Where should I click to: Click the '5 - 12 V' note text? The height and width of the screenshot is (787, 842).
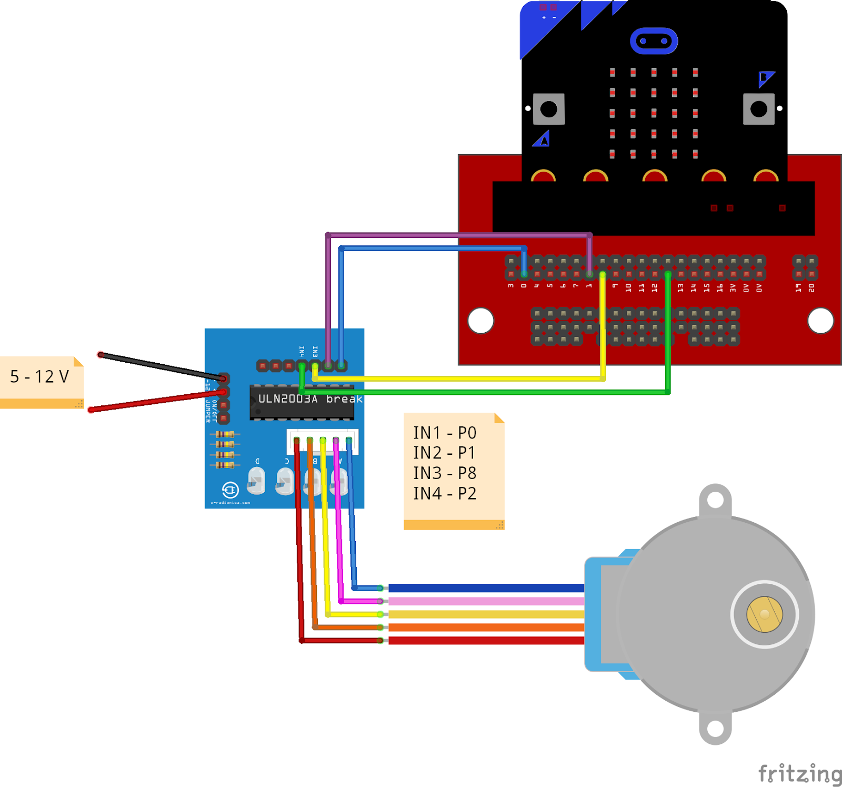39,376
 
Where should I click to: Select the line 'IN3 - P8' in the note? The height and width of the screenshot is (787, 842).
445,473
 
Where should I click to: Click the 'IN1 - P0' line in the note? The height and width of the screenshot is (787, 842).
445,433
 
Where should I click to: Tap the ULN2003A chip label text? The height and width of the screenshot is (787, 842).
288,399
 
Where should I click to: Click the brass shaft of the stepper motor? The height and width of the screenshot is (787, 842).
764,614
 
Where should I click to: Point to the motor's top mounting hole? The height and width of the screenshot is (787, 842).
715,500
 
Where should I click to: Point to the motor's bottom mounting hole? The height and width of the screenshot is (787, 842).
715,729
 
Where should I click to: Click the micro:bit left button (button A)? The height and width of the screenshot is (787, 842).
548,109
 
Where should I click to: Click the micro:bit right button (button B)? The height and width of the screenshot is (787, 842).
758,109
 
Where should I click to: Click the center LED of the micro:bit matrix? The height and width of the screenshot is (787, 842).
654,113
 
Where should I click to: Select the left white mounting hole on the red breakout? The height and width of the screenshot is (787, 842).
480,320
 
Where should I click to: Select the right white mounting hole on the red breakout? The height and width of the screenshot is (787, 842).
820,320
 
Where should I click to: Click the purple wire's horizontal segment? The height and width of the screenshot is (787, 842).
458,235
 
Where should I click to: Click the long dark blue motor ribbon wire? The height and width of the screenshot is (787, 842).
484,588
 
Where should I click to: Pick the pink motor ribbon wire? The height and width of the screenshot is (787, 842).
484,601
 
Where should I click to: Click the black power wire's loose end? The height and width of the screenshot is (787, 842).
101,355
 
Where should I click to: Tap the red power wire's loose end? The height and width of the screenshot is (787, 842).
91,410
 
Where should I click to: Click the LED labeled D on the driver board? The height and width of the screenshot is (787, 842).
256,481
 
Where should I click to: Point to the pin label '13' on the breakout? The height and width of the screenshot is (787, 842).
680,288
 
